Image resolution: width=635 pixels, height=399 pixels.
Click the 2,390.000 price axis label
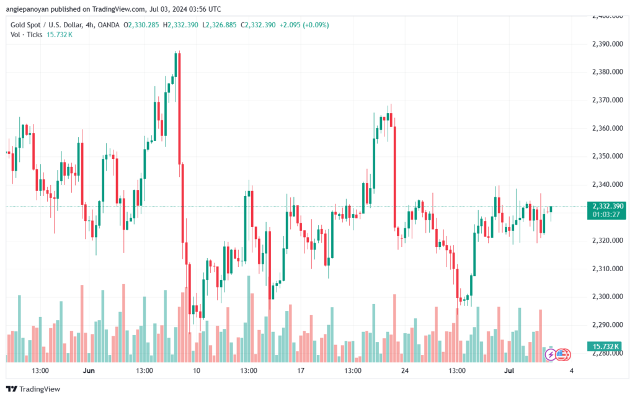pyautogui.click(x=608, y=44)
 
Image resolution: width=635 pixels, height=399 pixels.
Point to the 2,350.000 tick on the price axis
pyautogui.click(x=608, y=156)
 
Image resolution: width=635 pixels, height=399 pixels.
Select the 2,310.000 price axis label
pyautogui.click(x=608, y=269)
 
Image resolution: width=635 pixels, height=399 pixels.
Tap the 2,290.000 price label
pyautogui.click(x=608, y=325)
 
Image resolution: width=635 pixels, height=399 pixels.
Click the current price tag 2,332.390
pyautogui.click(x=608, y=206)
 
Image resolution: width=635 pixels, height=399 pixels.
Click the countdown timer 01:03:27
pyautogui.click(x=606, y=214)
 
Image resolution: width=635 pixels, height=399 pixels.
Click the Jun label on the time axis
pyautogui.click(x=88, y=370)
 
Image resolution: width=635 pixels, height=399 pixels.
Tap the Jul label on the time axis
pyautogui.click(x=508, y=370)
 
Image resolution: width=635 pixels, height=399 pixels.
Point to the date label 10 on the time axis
pyautogui.click(x=197, y=370)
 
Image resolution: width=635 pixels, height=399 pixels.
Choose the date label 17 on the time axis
pyautogui.click(x=301, y=370)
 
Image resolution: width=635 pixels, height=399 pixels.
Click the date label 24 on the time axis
pyautogui.click(x=404, y=370)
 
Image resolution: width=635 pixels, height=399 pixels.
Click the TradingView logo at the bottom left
pyautogui.click(x=33, y=389)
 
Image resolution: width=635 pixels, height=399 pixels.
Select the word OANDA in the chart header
pyautogui.click(x=109, y=25)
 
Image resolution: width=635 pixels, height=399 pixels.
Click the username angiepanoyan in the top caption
pyautogui.click(x=27, y=9)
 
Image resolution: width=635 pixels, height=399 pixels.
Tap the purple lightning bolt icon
pyautogui.click(x=551, y=355)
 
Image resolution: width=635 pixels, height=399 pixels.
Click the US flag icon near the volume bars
pyautogui.click(x=561, y=355)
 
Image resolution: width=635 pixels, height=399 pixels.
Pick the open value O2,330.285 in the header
pyautogui.click(x=141, y=25)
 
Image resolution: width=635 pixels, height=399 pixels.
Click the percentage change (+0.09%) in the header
pyautogui.click(x=316, y=25)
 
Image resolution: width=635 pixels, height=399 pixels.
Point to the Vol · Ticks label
pyautogui.click(x=26, y=35)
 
